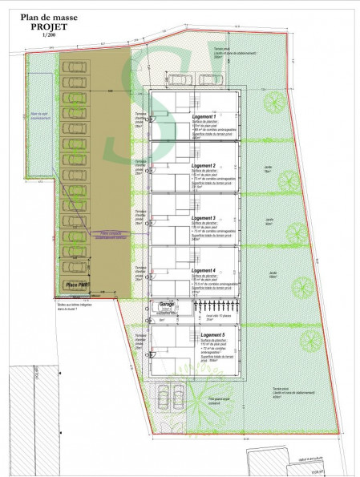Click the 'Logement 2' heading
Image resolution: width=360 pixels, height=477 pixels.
coord(206,166)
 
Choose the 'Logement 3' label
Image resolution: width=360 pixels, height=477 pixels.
coord(206,218)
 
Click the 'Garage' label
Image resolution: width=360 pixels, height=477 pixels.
coord(167,305)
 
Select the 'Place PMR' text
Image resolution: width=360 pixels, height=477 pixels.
coord(78,285)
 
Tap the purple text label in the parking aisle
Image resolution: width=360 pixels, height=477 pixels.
coord(110,236)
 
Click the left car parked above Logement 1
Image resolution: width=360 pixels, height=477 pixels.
coord(177,79)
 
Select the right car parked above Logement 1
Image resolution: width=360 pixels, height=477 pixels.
coord(209,79)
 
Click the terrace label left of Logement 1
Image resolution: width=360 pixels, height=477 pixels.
coord(138,122)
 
